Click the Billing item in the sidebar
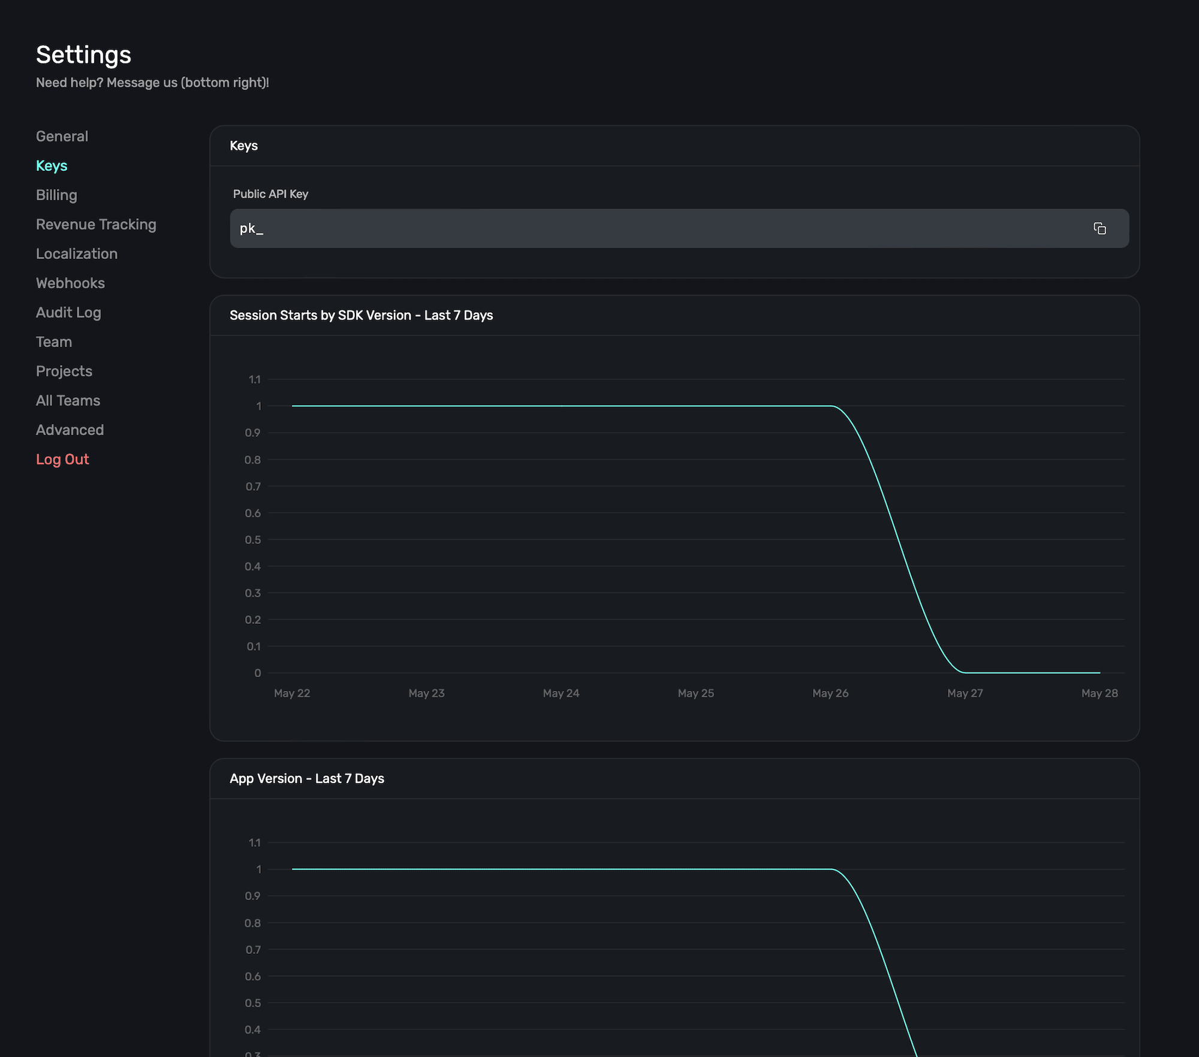tap(56, 195)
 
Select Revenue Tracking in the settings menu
tap(96, 225)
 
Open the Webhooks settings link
tap(70, 283)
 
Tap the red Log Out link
tap(62, 460)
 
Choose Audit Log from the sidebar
tap(68, 313)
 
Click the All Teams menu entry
tap(68, 401)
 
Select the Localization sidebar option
tap(77, 254)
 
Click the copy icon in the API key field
tap(1099, 228)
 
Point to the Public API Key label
tap(270, 194)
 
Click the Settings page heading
tap(83, 55)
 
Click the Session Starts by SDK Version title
tap(361, 315)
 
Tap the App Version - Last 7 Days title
tap(306, 778)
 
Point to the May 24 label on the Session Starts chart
tap(561, 693)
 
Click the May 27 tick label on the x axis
tap(965, 693)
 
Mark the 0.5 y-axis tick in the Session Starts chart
tap(253, 540)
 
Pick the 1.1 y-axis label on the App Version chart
tap(255, 843)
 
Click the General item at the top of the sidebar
tap(62, 137)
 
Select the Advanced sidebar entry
tap(70, 430)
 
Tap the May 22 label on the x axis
tap(292, 693)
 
